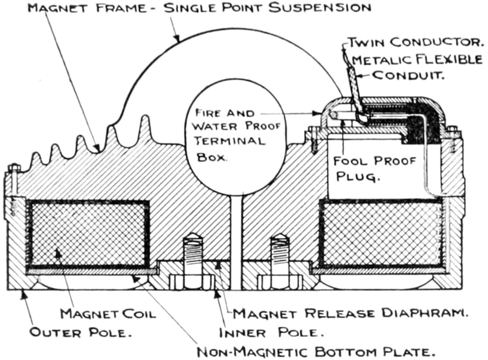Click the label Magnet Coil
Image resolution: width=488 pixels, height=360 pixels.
click(108, 314)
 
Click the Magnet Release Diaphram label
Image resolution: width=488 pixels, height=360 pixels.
click(350, 313)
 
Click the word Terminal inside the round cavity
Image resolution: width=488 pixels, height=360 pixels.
click(231, 141)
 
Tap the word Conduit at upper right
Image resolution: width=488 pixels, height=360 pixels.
click(408, 75)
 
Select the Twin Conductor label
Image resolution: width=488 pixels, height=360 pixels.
click(415, 42)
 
